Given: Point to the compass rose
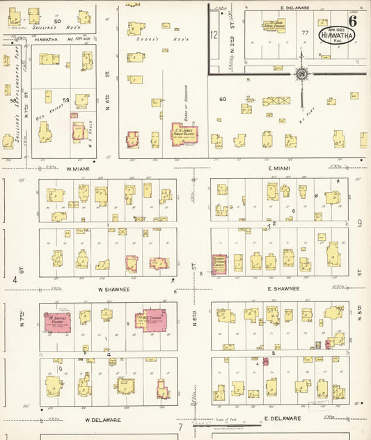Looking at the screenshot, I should (302, 73).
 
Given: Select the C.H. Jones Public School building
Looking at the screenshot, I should (184, 134).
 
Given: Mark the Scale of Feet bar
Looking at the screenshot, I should (219, 424).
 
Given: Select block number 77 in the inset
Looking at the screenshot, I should (304, 33).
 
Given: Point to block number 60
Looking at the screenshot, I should (223, 100).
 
